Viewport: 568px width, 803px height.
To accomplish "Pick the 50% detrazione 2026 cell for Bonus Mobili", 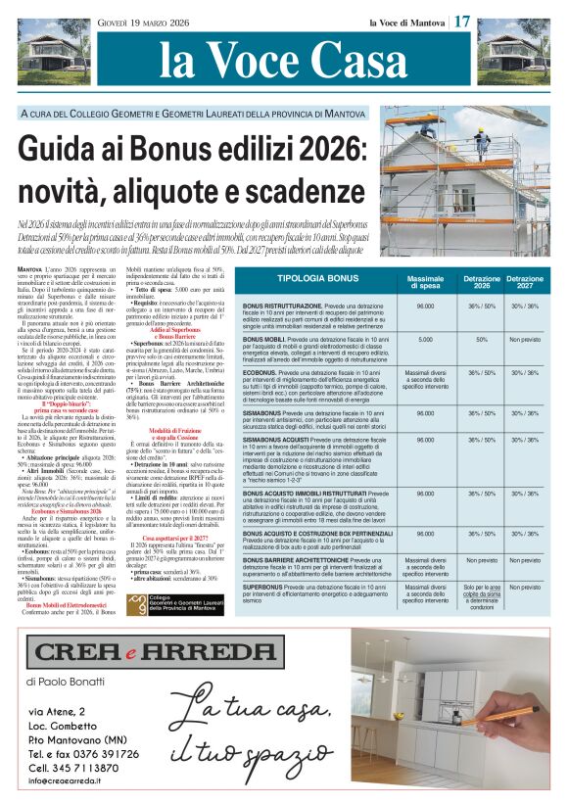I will tap(481, 339).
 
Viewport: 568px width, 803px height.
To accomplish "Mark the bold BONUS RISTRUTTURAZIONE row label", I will tap(289, 307).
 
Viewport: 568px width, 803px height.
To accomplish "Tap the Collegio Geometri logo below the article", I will tap(185, 605).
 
